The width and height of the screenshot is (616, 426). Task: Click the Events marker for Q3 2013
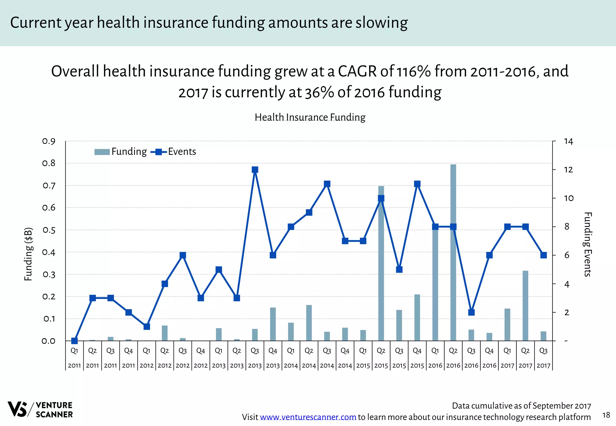pos(255,170)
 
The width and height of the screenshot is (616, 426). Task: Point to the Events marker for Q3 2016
pos(471,312)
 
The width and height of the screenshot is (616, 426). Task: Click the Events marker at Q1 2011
pos(75,341)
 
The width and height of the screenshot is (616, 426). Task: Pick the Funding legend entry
pos(121,152)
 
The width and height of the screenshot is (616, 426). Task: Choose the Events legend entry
pos(174,152)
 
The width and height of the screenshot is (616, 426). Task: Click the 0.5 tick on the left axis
pos(49,230)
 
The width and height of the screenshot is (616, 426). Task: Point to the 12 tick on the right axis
pos(568,170)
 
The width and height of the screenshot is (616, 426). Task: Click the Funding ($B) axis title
pos(28,254)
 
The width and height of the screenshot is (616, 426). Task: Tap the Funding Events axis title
pos(587,244)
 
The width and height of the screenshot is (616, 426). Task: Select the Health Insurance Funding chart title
pos(310,117)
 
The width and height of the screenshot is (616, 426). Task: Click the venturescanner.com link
pos(308,417)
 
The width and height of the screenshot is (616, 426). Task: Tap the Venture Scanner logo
pos(40,409)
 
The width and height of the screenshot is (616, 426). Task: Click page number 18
pos(606,415)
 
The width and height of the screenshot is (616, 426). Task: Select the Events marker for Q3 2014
pos(327,184)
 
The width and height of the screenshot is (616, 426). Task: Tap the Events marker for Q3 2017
pos(544,255)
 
